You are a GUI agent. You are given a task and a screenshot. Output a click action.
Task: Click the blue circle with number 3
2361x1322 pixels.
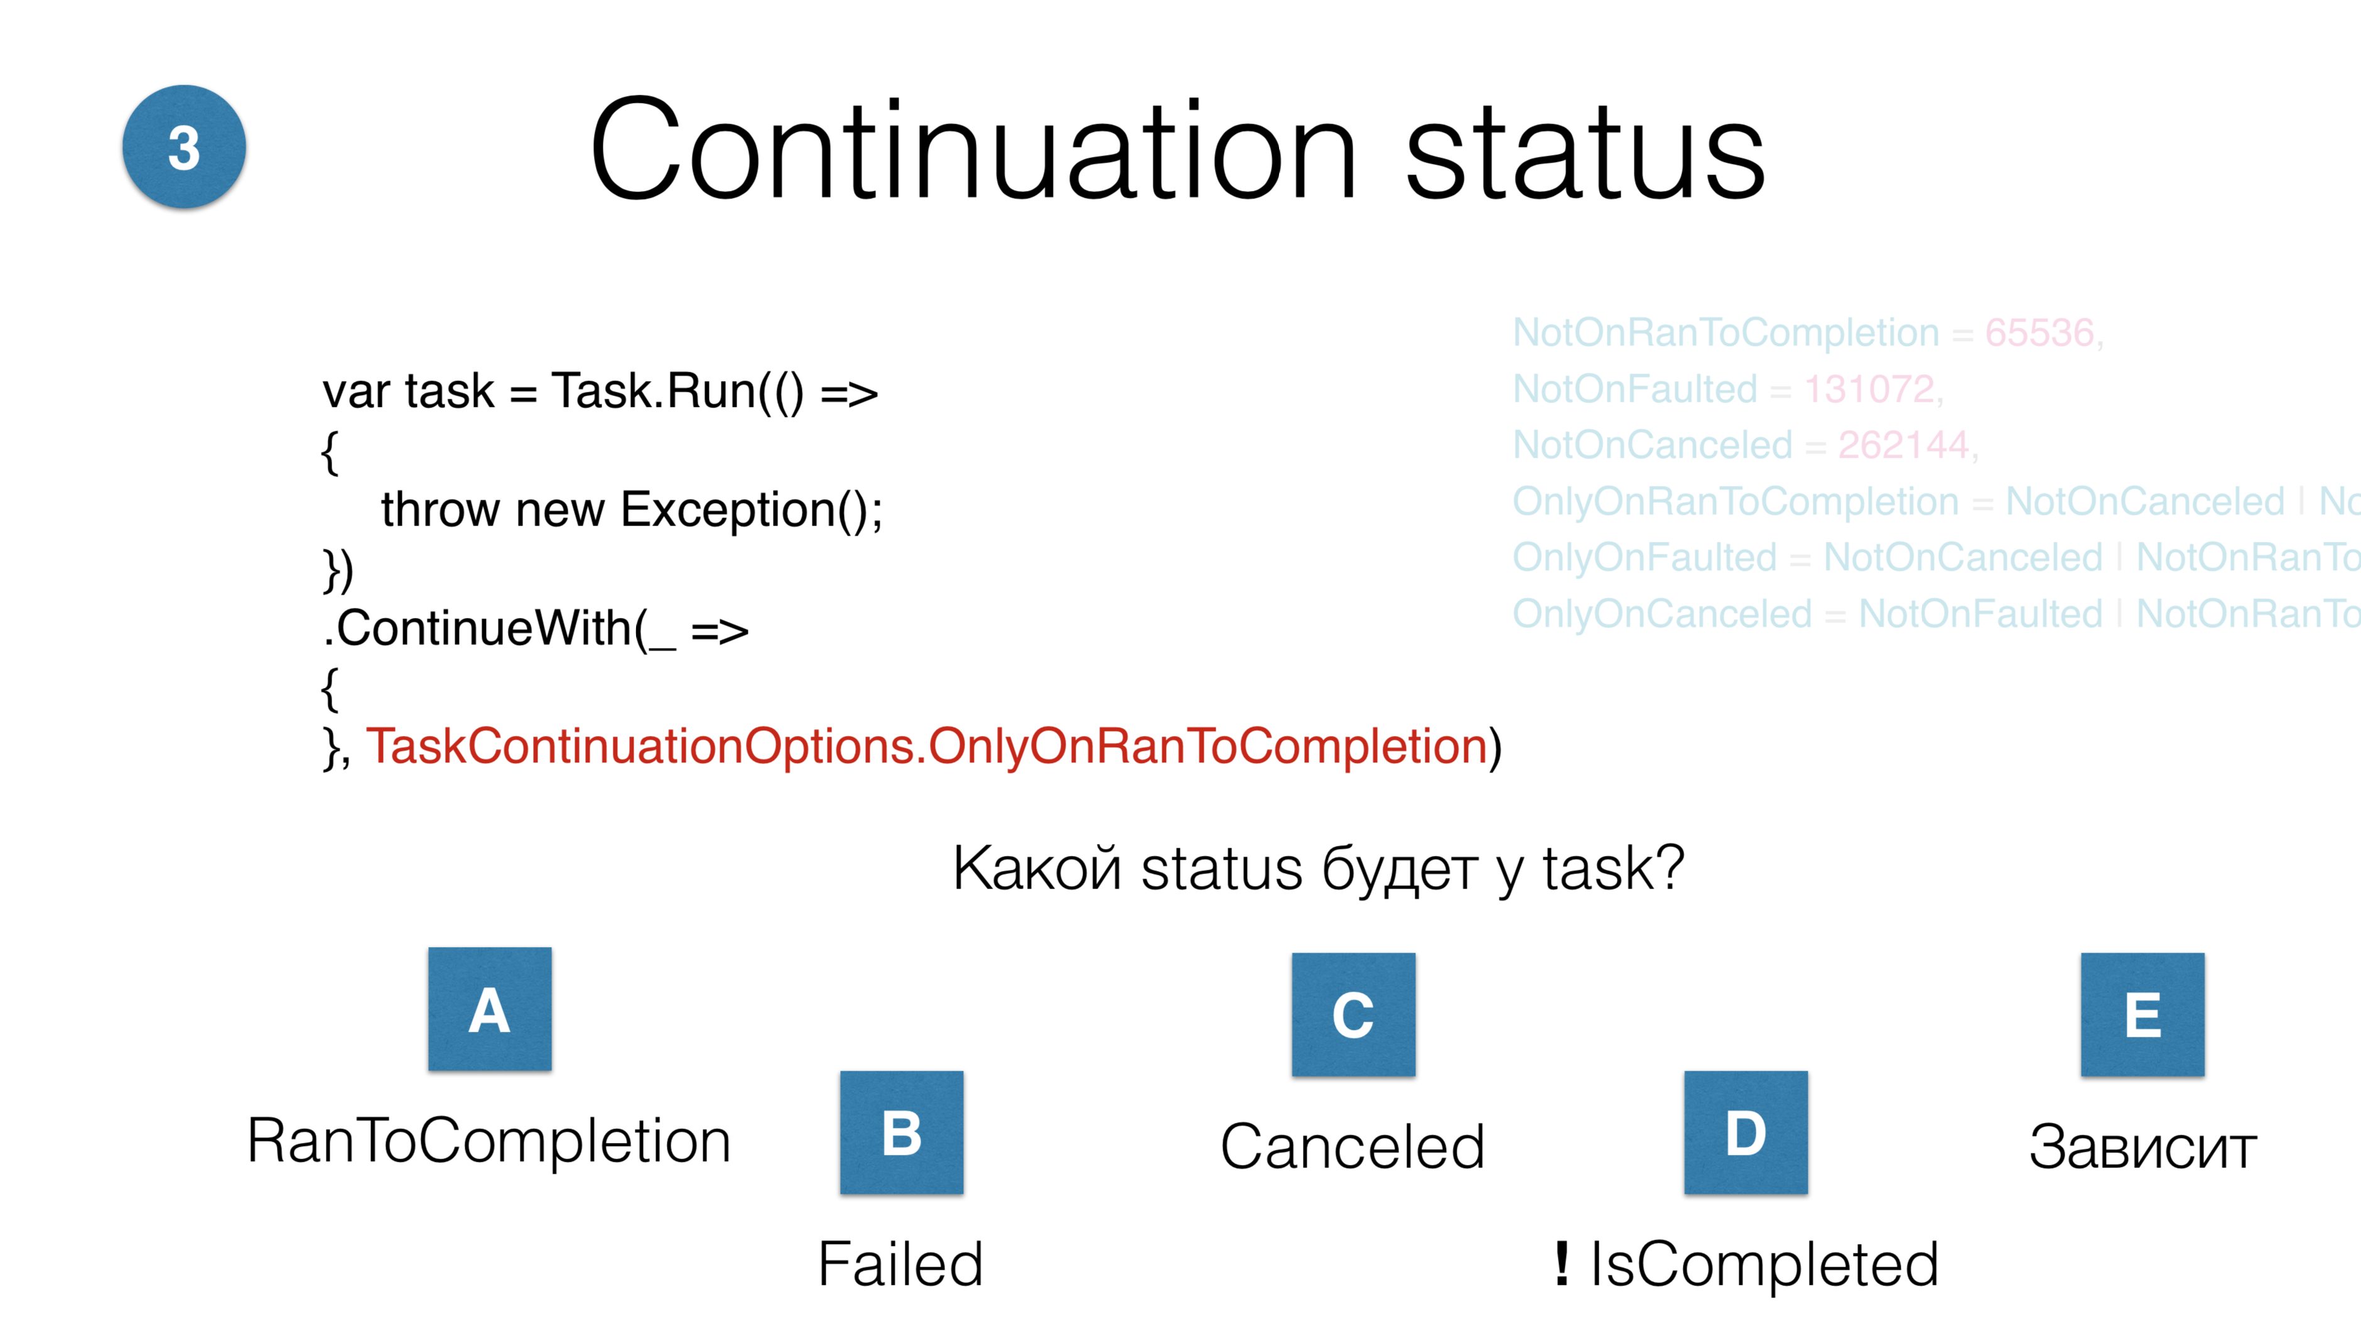coord(183,147)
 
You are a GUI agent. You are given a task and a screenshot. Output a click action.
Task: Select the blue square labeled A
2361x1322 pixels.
coord(489,1009)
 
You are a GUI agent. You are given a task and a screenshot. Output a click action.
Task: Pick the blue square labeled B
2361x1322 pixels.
coord(901,1132)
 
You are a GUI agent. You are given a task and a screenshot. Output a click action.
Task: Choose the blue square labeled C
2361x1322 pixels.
coord(1353,1014)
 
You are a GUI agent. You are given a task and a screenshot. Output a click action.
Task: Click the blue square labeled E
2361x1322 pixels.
coord(2142,1014)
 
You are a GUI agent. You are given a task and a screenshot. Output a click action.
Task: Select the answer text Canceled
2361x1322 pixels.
coord(1352,1147)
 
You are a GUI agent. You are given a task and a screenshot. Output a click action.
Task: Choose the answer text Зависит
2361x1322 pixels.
coord(2142,1147)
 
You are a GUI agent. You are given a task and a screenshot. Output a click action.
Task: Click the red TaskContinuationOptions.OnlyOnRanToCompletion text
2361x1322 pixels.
coord(926,746)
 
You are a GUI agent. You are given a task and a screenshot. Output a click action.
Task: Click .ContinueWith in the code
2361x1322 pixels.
coord(484,629)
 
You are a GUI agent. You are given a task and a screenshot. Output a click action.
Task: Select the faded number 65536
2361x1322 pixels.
coord(2040,333)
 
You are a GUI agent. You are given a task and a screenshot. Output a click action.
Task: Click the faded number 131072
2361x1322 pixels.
coord(1869,389)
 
